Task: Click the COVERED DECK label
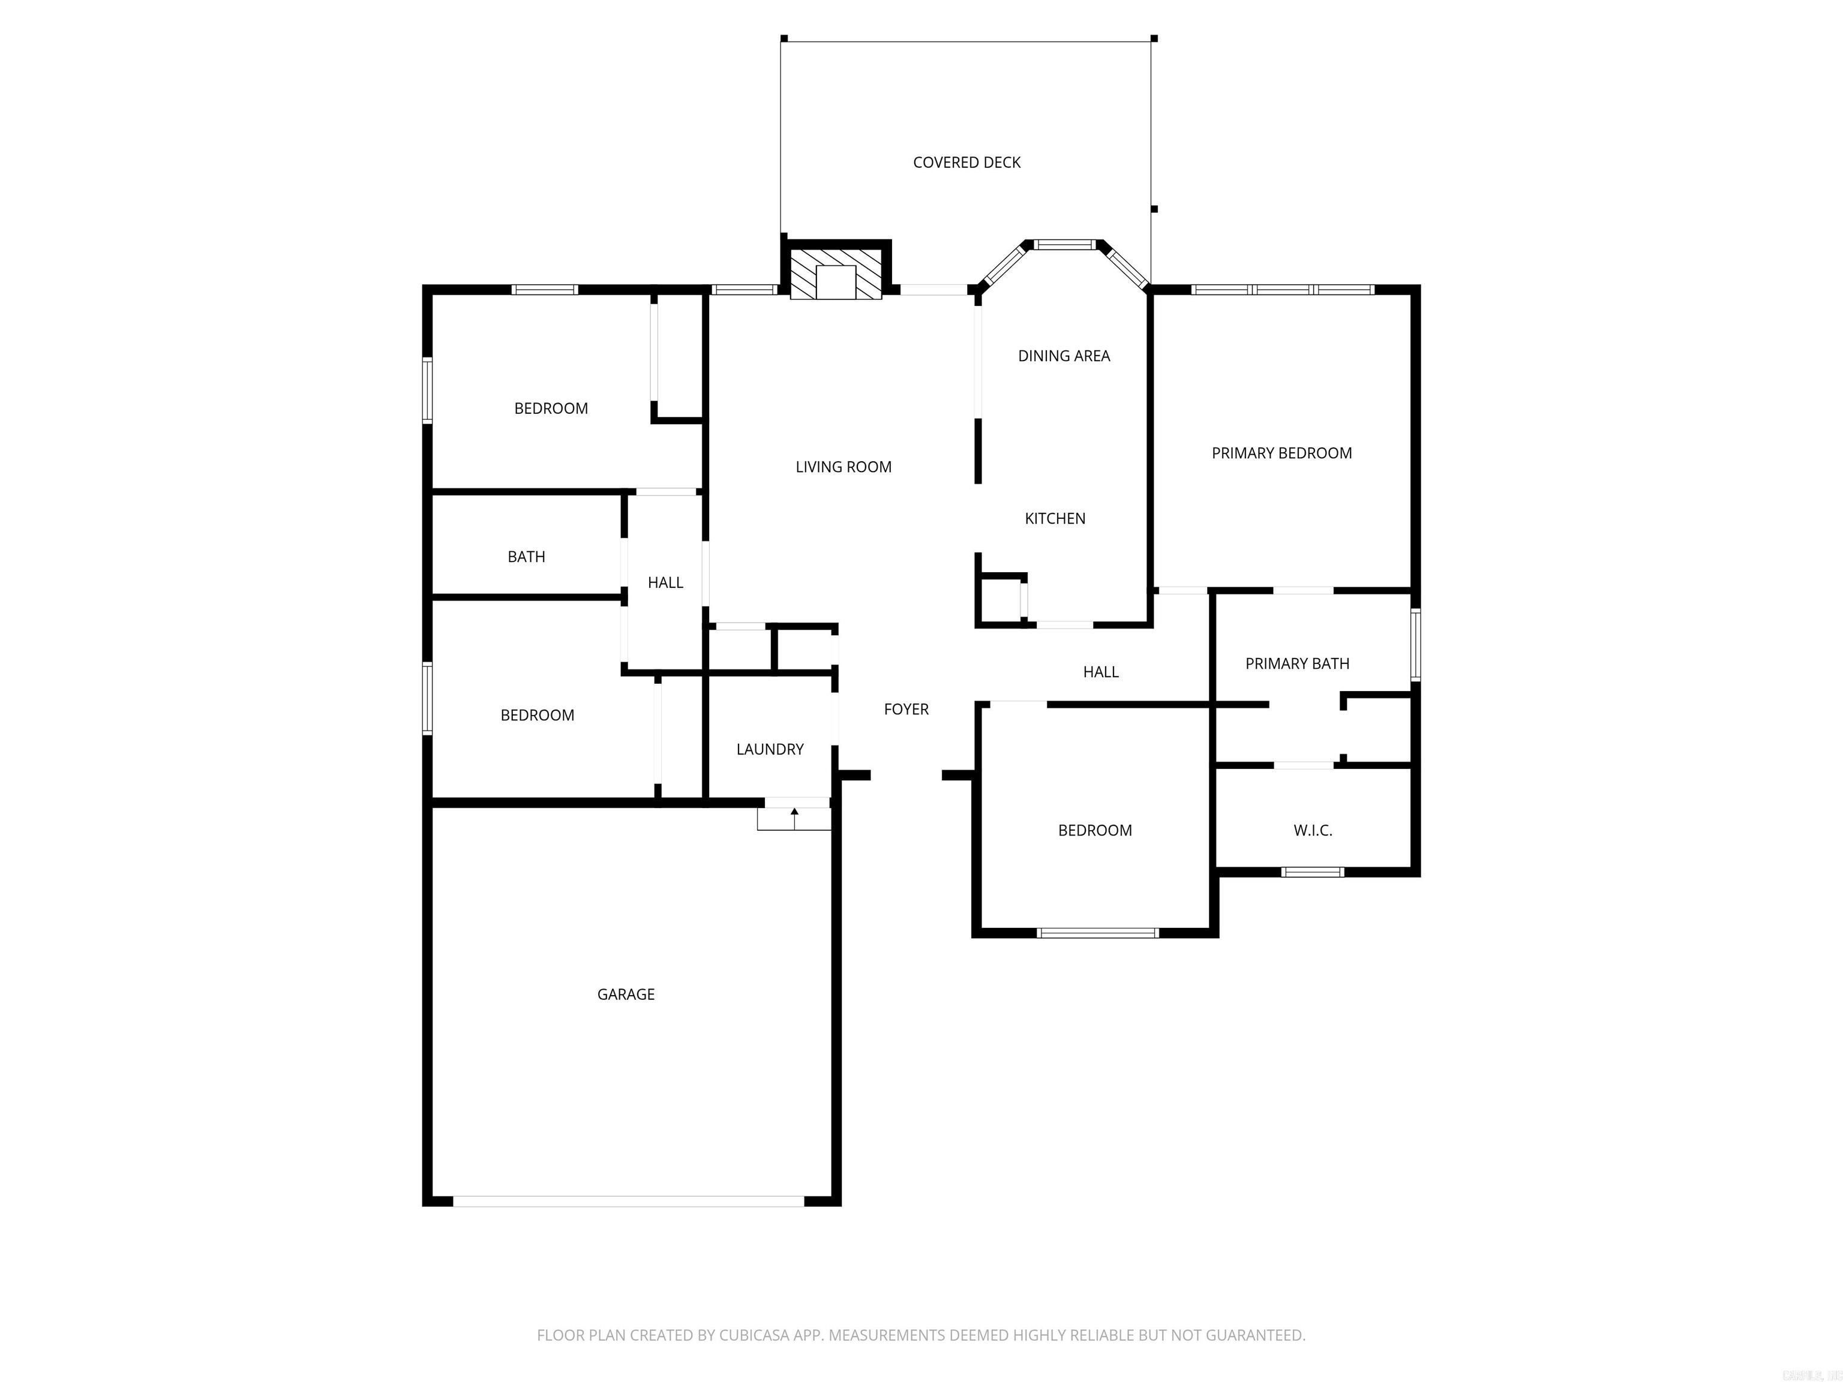[966, 163]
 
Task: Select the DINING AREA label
[1064, 356]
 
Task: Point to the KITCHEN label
[1055, 518]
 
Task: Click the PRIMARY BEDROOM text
[1281, 453]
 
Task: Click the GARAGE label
[626, 994]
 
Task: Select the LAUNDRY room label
[770, 749]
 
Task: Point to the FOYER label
[907, 709]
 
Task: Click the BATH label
[527, 557]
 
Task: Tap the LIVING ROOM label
[843, 467]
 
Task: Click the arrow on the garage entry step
[794, 817]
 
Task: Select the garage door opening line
[629, 1201]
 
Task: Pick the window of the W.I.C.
[1312, 872]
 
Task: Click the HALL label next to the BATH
[665, 583]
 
